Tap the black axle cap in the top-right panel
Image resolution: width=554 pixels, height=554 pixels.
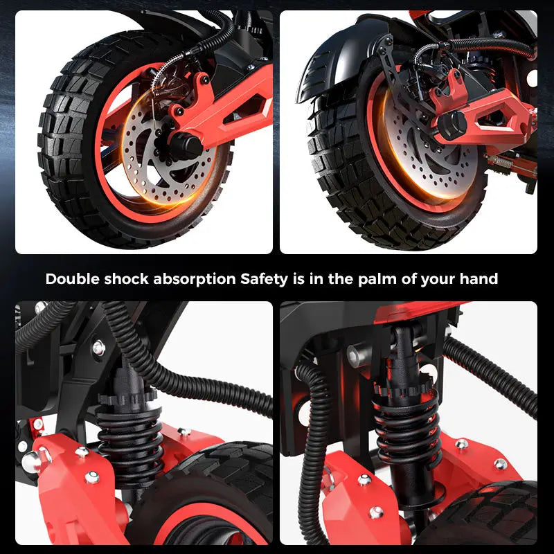point(451,125)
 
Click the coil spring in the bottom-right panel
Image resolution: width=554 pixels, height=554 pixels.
point(407,429)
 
